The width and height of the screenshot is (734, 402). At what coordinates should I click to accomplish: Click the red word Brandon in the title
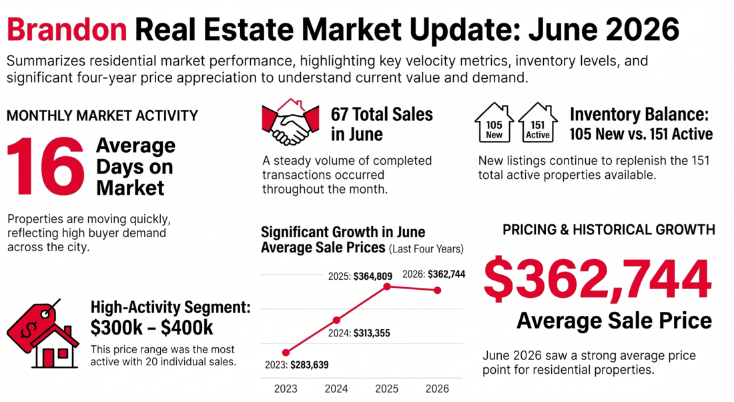click(x=67, y=29)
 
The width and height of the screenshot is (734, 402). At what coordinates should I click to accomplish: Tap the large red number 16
click(x=45, y=166)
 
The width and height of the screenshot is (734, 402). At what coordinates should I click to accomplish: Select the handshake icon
click(x=290, y=122)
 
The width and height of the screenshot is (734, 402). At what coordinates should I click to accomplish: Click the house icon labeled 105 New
click(x=494, y=122)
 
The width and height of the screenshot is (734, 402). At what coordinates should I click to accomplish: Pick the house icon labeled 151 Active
click(x=538, y=122)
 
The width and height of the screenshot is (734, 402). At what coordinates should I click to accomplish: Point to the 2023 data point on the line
click(x=286, y=353)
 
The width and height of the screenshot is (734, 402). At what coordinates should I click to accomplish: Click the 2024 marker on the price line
click(x=336, y=321)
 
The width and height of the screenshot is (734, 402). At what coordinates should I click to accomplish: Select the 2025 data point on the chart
click(x=387, y=286)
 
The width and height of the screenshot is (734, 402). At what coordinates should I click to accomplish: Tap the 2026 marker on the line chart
click(x=437, y=290)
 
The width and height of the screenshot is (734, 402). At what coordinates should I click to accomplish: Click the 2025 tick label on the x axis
click(x=386, y=389)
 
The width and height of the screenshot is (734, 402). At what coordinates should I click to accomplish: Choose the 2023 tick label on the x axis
click(x=286, y=389)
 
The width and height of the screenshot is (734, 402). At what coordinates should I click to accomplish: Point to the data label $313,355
click(x=372, y=333)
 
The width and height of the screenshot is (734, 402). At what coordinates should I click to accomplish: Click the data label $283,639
click(x=310, y=365)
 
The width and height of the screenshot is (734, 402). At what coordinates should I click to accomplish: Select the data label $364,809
click(x=372, y=276)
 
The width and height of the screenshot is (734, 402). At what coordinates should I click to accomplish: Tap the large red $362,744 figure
click(x=598, y=278)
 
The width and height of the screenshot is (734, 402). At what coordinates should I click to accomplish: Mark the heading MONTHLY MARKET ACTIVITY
click(x=103, y=116)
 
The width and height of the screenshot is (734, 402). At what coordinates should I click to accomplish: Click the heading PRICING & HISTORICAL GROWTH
click(x=609, y=230)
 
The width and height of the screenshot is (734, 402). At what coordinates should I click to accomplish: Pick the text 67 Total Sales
click(x=382, y=114)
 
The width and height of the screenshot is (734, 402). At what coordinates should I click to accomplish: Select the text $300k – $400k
click(x=151, y=328)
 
